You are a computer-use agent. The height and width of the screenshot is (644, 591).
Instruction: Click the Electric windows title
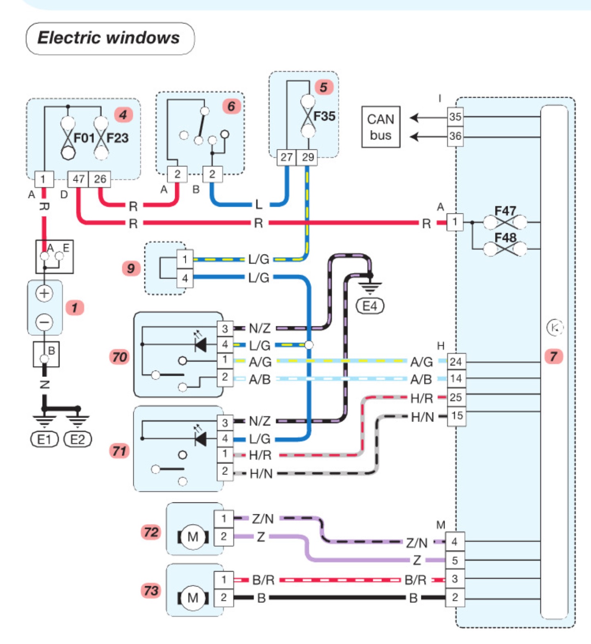tap(109, 38)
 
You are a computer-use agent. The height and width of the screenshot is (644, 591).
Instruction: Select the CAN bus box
tap(380, 127)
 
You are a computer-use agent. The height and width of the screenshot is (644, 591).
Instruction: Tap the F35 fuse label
tap(324, 116)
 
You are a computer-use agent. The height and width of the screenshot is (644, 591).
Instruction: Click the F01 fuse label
tap(84, 138)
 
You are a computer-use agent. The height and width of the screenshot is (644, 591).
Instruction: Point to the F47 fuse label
tap(505, 211)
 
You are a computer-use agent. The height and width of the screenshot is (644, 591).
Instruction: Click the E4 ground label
tap(370, 306)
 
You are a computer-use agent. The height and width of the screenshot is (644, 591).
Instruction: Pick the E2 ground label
tap(78, 440)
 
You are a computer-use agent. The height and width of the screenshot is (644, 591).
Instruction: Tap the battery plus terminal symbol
tap(44, 293)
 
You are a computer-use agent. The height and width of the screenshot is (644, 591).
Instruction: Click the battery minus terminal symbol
tap(44, 322)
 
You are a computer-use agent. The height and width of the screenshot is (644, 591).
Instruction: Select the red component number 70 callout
tap(119, 357)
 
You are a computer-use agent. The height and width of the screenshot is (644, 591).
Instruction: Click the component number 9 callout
tap(131, 268)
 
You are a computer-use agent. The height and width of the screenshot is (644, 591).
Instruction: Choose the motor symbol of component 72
tap(193, 537)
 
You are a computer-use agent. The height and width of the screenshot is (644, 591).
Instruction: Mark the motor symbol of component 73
tap(193, 598)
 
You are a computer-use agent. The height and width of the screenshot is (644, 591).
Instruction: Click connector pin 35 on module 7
tap(455, 117)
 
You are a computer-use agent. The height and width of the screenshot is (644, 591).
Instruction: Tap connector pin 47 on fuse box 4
tap(78, 179)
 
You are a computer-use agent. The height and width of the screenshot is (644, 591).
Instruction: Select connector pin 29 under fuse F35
tap(308, 157)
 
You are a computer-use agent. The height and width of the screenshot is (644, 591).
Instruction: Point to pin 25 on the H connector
tap(456, 397)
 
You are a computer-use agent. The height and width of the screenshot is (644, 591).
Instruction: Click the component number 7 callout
tap(554, 356)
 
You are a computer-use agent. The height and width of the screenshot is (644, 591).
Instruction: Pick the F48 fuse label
tap(505, 238)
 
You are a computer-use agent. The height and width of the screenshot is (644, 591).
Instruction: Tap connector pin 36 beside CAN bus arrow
tap(455, 136)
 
